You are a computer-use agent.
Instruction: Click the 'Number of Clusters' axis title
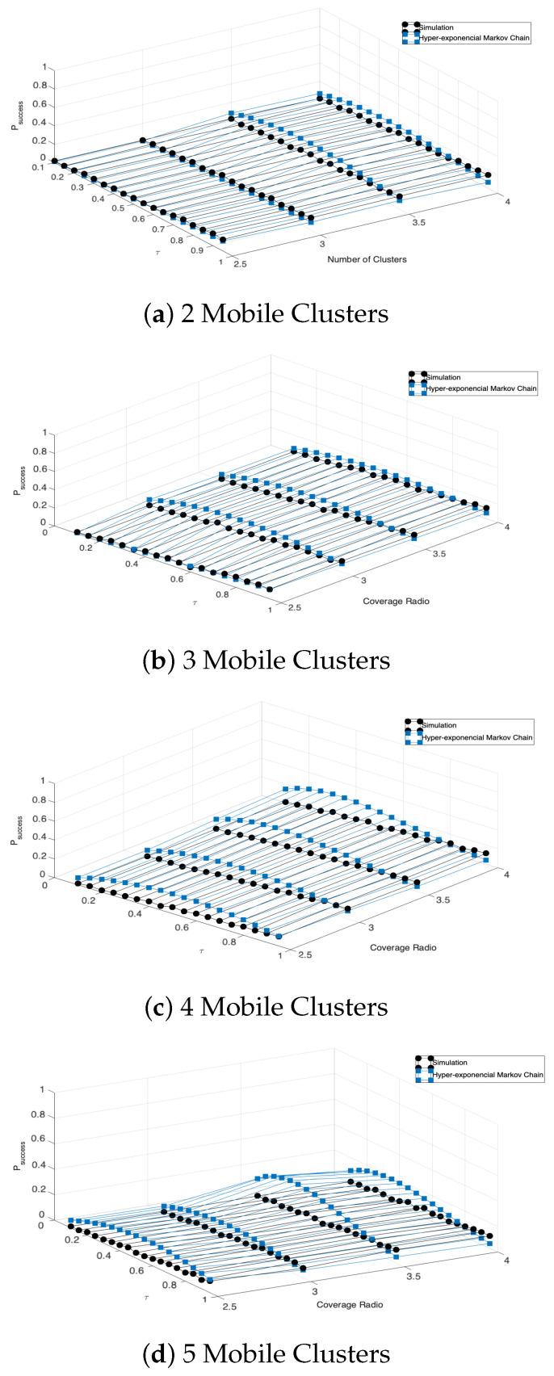(x=367, y=259)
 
